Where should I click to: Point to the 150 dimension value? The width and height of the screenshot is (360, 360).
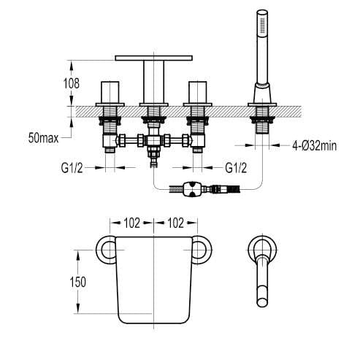tap(88, 281)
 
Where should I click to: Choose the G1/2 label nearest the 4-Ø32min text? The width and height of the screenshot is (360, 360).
tap(236, 168)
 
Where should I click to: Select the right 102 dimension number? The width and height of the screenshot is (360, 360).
tap(175, 223)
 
